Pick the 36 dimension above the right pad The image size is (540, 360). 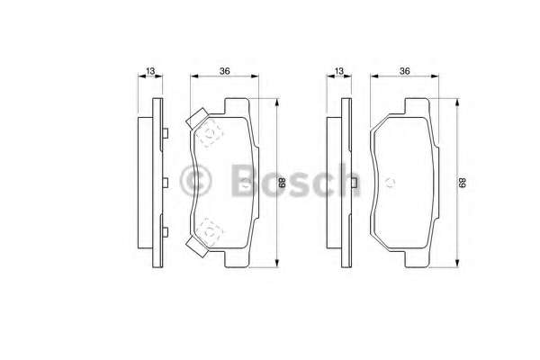405,71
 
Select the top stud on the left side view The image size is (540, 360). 166,134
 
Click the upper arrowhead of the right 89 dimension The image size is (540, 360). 457,102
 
